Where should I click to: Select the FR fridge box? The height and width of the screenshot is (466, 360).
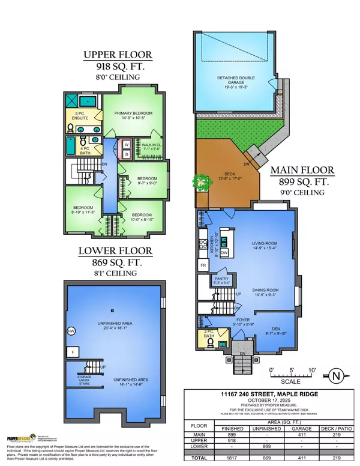tap(203, 265)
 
